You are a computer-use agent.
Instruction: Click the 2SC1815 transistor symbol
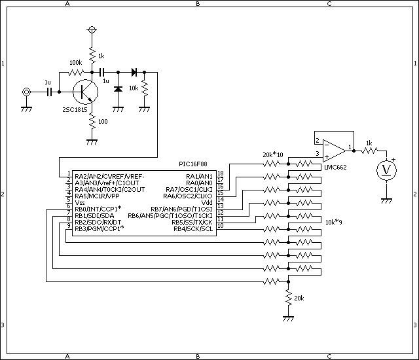click(85, 92)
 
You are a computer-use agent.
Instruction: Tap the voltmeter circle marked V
click(386, 170)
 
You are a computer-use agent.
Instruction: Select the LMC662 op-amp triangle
click(334, 151)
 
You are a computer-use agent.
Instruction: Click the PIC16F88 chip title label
click(193, 164)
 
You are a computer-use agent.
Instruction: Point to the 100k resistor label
click(76, 63)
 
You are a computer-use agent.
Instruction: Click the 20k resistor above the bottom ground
click(288, 298)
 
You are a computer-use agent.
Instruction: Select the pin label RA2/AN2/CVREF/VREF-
click(109, 177)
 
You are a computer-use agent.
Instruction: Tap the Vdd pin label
click(207, 202)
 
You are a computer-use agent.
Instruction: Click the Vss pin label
click(80, 202)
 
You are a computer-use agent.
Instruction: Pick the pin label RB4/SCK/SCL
click(193, 229)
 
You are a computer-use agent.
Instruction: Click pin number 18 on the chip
click(221, 173)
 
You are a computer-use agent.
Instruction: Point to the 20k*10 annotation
click(273, 154)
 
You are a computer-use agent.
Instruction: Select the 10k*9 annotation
click(334, 222)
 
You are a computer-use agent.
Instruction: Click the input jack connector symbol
click(26, 92)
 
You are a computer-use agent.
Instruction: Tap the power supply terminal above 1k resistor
click(92, 29)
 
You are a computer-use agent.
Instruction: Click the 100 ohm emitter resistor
click(92, 121)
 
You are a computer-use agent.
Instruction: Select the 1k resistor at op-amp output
click(369, 151)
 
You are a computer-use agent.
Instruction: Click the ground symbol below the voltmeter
click(386, 200)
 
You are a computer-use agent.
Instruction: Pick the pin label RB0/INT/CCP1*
click(98, 209)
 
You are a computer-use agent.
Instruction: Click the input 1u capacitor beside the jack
click(49, 92)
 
